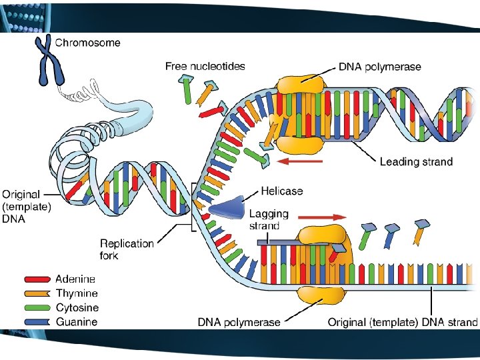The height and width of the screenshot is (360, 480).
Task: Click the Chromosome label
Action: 87,43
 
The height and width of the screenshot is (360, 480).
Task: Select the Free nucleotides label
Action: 205,66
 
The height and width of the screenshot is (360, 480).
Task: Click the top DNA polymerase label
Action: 379,67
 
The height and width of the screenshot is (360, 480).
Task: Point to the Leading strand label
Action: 416,161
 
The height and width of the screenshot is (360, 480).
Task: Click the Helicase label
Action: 281,191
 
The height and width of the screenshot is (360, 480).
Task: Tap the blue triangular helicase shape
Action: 225,209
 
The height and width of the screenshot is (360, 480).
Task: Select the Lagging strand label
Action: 269,220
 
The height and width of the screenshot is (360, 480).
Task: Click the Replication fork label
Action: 127,249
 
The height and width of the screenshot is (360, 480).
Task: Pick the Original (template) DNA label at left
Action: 27,207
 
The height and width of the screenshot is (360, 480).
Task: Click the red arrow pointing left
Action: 301,161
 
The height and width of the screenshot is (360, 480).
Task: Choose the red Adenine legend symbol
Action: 37,279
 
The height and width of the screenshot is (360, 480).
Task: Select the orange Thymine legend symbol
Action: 37,293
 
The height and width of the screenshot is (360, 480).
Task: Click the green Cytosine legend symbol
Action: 37,308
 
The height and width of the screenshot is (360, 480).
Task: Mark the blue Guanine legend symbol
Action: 37,322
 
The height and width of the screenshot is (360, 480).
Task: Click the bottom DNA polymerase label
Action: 239,323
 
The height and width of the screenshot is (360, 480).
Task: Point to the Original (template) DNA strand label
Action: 402,323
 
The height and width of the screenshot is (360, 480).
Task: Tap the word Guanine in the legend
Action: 76,322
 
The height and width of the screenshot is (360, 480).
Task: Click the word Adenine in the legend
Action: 75,279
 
